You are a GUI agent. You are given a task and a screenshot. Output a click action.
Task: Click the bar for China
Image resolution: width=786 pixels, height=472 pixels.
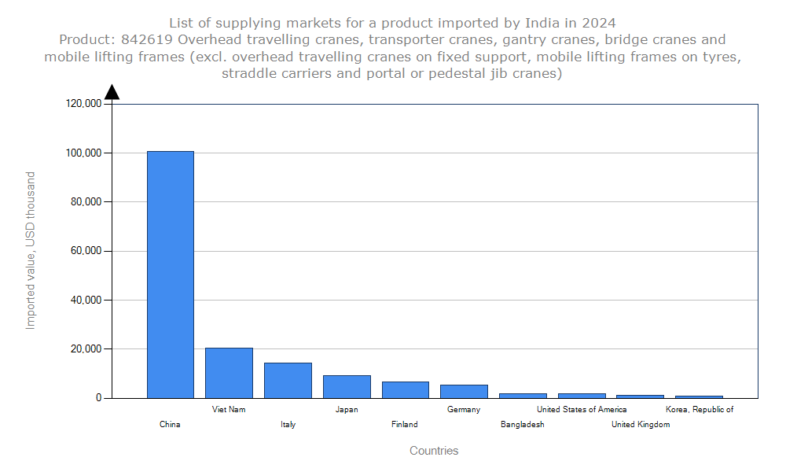(170, 275)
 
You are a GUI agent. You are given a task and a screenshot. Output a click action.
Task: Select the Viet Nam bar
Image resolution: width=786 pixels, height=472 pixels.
(229, 373)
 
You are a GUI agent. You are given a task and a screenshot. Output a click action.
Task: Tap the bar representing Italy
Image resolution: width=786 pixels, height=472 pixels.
(288, 380)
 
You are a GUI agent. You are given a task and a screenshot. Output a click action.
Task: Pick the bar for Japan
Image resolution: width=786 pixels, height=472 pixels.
(347, 386)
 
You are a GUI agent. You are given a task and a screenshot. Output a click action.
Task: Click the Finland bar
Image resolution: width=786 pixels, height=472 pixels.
(406, 389)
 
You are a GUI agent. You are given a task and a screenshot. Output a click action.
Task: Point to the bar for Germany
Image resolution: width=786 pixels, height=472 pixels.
(464, 391)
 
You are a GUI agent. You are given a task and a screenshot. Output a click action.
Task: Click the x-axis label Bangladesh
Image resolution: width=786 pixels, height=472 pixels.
(522, 424)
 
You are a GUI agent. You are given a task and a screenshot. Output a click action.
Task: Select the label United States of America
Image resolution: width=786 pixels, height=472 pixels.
(582, 409)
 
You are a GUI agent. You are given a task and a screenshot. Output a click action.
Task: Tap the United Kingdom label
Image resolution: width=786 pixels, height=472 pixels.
(641, 424)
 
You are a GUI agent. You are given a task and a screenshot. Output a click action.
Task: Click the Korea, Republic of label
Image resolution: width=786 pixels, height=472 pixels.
(700, 409)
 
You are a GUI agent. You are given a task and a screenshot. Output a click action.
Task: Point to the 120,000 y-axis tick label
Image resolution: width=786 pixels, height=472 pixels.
(83, 104)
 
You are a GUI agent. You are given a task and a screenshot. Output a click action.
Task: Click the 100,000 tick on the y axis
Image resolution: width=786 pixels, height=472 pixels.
(83, 153)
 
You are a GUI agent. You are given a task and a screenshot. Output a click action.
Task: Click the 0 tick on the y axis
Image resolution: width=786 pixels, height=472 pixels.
(99, 398)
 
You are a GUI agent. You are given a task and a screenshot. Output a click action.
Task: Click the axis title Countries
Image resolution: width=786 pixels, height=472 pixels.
(434, 451)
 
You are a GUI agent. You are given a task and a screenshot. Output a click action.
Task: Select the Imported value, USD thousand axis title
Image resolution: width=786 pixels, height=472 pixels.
(31, 250)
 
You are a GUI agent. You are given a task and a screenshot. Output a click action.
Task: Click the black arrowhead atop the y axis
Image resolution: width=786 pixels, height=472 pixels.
(112, 92)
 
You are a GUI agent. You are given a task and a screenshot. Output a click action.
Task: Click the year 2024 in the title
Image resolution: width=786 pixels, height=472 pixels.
(599, 21)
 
